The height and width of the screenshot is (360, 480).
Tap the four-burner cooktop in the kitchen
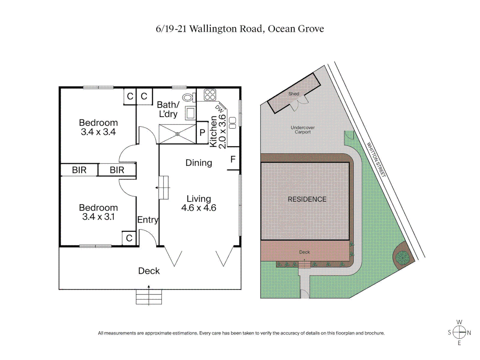pyautogui.click(x=210, y=95)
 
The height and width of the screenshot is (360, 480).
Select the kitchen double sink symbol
pyautogui.click(x=233, y=123)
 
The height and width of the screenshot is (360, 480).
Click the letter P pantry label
pyautogui.click(x=202, y=133)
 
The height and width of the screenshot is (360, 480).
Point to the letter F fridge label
pyautogui.click(x=233, y=160)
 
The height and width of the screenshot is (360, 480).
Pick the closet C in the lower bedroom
pyautogui.click(x=129, y=238)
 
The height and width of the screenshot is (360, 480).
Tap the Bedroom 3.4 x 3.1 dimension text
pyautogui.click(x=98, y=217)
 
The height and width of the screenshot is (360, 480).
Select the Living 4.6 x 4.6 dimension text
pyautogui.click(x=199, y=208)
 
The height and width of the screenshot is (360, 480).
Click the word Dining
pyautogui.click(x=199, y=163)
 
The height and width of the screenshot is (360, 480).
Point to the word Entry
pyautogui.click(x=148, y=220)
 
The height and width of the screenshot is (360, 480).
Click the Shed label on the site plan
pyautogui.click(x=294, y=94)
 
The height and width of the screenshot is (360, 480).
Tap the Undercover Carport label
pyautogui.click(x=303, y=130)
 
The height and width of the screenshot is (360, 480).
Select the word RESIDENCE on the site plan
pyautogui.click(x=307, y=199)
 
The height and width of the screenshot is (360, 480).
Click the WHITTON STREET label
pyautogui.click(x=376, y=160)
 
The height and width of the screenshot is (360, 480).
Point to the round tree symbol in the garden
pyautogui.click(x=402, y=257)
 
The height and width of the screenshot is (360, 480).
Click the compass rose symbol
pyautogui.click(x=459, y=332)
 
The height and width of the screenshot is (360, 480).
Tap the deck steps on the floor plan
pyautogui.click(x=149, y=297)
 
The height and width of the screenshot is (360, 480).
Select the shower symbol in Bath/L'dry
pyautogui.click(x=177, y=134)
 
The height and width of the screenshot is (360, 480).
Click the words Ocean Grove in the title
pyautogui.click(x=296, y=29)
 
